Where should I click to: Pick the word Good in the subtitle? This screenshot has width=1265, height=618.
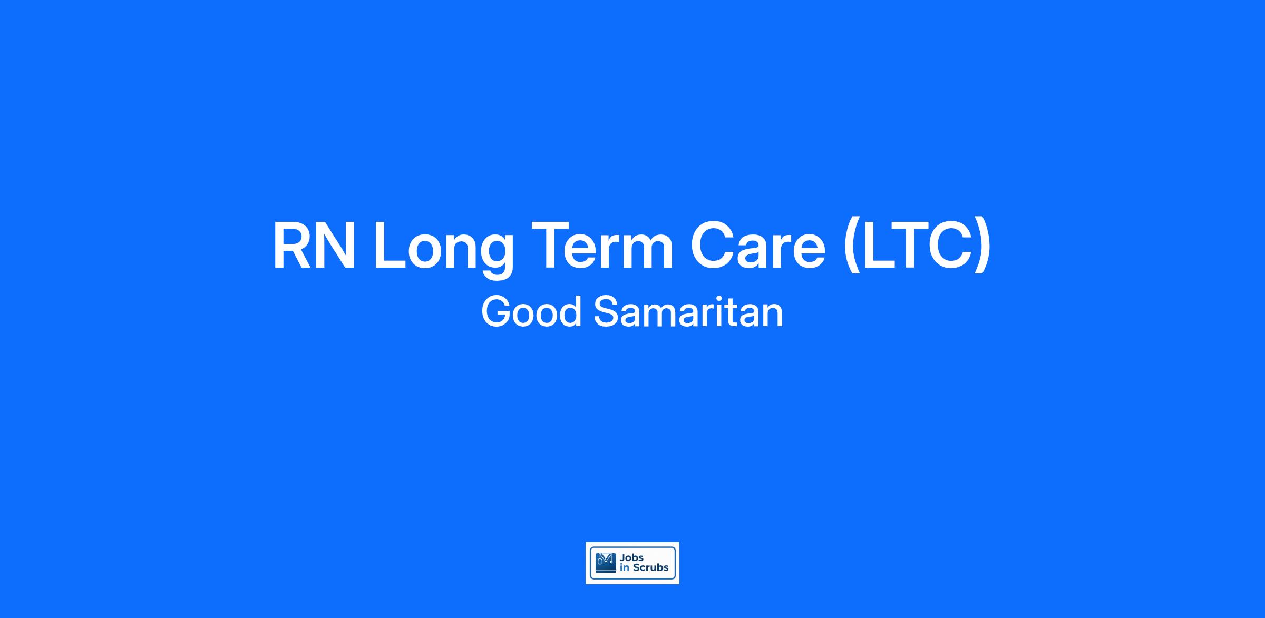[531, 312]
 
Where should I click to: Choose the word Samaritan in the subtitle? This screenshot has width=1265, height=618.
[688, 312]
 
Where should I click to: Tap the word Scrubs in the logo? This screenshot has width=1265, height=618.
[650, 568]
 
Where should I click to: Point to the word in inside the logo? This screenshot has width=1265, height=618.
[625, 568]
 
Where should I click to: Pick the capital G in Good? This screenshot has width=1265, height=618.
[497, 312]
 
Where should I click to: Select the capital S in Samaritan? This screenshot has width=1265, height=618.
[607, 312]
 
